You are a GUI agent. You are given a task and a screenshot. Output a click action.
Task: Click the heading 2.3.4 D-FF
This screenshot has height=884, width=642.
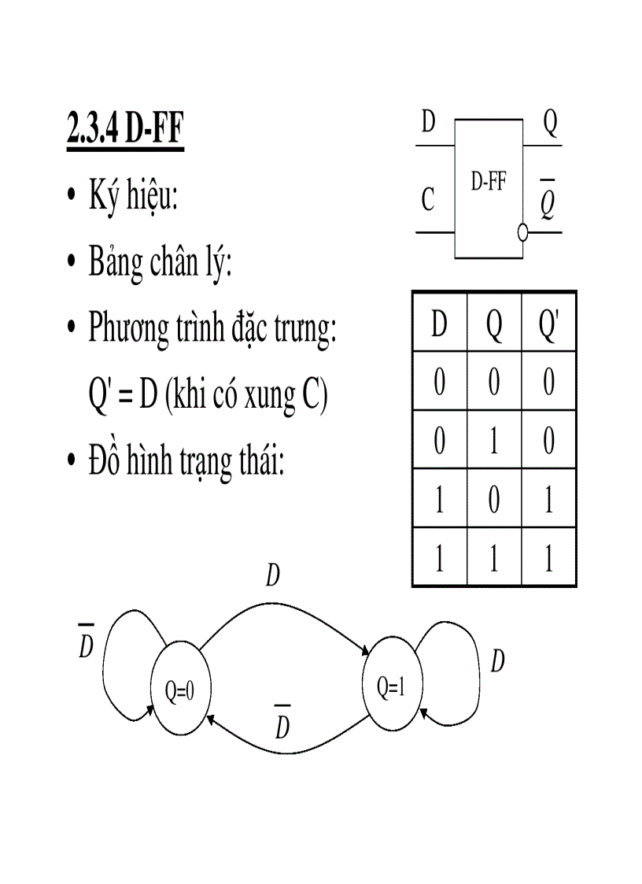[x=125, y=131]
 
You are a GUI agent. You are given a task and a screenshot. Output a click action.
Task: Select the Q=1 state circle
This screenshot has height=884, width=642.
[x=391, y=687]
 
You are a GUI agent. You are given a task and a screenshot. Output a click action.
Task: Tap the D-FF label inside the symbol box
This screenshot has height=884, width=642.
[x=488, y=183]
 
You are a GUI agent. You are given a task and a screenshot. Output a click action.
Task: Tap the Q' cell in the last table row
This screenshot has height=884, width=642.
[x=548, y=559]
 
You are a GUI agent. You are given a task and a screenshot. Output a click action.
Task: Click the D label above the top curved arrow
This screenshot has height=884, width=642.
[x=273, y=576]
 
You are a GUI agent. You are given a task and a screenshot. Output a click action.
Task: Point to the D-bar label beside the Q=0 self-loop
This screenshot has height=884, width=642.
[x=87, y=644]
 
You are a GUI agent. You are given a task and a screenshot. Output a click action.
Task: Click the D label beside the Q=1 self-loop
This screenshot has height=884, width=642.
[x=497, y=661]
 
